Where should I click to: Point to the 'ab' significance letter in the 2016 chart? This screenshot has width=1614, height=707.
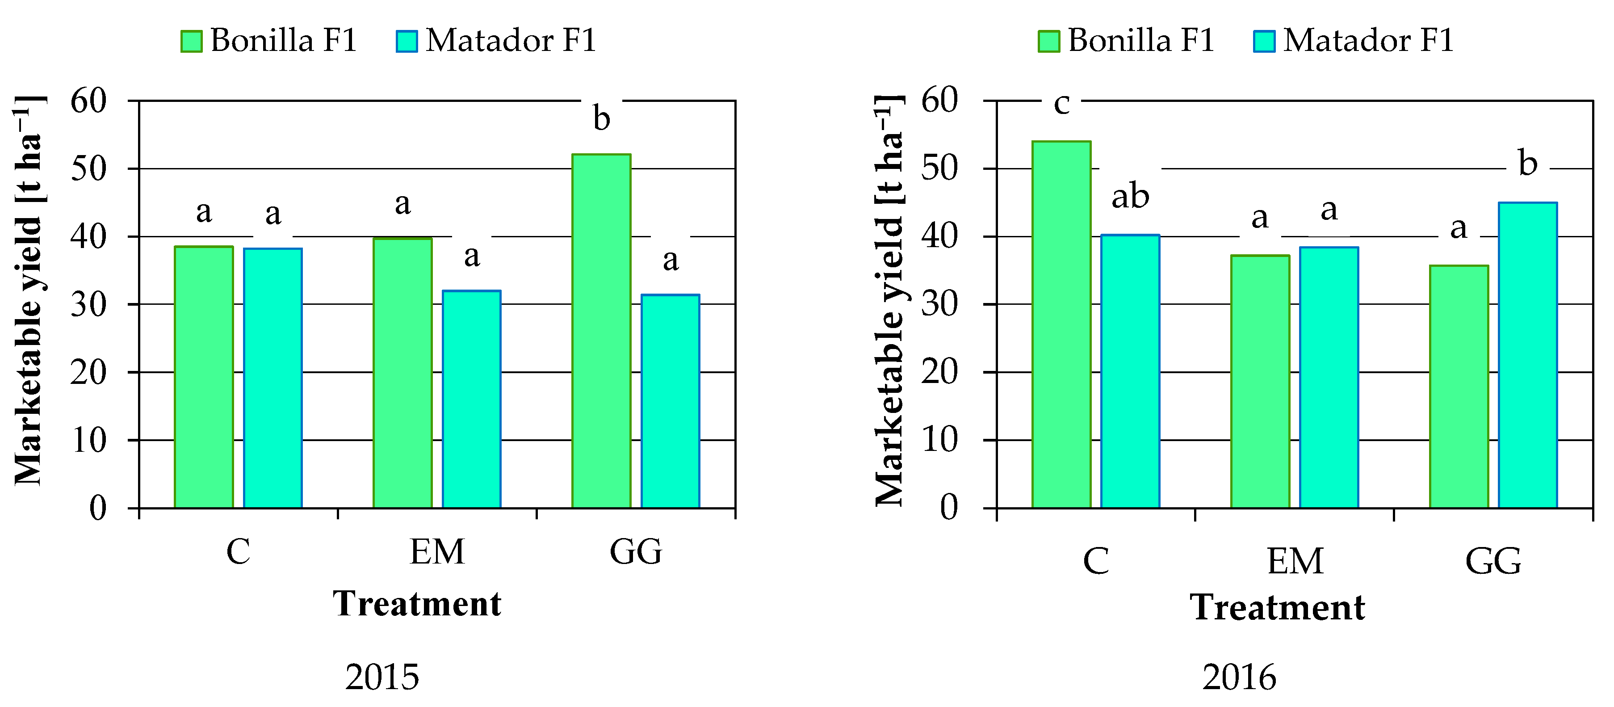[1130, 197]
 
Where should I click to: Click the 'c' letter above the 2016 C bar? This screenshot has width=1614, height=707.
[1061, 103]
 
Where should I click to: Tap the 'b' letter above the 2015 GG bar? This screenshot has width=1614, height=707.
[601, 118]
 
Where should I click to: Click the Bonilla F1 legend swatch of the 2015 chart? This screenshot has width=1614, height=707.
[191, 42]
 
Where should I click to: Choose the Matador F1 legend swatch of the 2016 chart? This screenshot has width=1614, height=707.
[1264, 42]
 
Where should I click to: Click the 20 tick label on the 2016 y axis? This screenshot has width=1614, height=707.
[939, 372]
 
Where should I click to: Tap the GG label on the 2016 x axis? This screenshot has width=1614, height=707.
[1493, 561]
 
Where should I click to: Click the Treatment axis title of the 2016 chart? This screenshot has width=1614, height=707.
[1277, 607]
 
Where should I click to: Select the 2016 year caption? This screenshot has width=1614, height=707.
[1239, 678]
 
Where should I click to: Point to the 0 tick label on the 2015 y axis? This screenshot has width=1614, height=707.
[98, 508]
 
